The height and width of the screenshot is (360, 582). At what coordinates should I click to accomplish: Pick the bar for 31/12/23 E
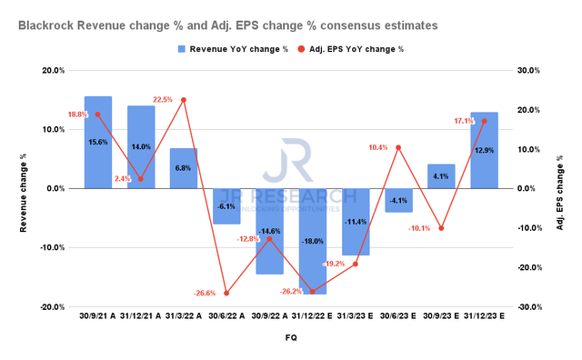[484, 150]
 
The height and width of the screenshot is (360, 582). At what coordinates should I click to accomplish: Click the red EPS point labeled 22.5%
[184, 99]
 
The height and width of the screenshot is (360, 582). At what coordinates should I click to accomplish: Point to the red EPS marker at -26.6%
[226, 293]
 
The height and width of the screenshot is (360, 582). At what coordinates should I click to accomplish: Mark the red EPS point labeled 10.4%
[397, 147]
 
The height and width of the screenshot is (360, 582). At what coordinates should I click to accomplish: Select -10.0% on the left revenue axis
[52, 247]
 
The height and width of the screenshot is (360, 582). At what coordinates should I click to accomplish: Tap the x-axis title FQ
[290, 337]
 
